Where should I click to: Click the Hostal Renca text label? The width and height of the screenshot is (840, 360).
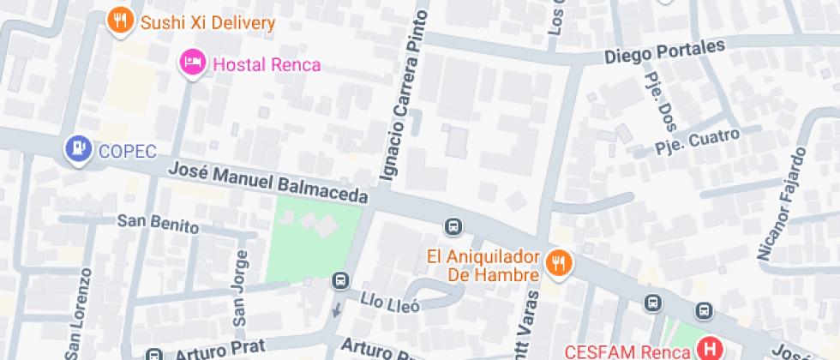[267, 64]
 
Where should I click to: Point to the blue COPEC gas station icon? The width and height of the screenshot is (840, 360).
[79, 150]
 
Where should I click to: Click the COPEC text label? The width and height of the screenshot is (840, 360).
[127, 152]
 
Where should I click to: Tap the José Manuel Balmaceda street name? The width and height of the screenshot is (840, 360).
[267, 183]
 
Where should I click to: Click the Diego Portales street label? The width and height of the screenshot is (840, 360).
[664, 53]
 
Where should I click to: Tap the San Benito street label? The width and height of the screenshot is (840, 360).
[158, 225]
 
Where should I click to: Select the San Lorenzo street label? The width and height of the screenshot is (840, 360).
[78, 312]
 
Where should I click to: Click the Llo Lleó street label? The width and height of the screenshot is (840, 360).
[390, 303]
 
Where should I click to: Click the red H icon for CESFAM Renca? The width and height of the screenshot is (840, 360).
[710, 349]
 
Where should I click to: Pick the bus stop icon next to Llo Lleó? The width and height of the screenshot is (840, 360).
[340, 280]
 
